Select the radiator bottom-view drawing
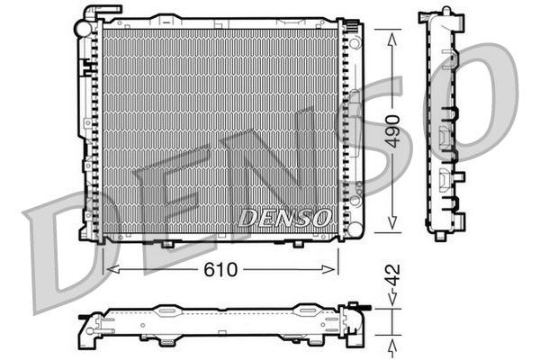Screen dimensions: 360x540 (x=225, y=326)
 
